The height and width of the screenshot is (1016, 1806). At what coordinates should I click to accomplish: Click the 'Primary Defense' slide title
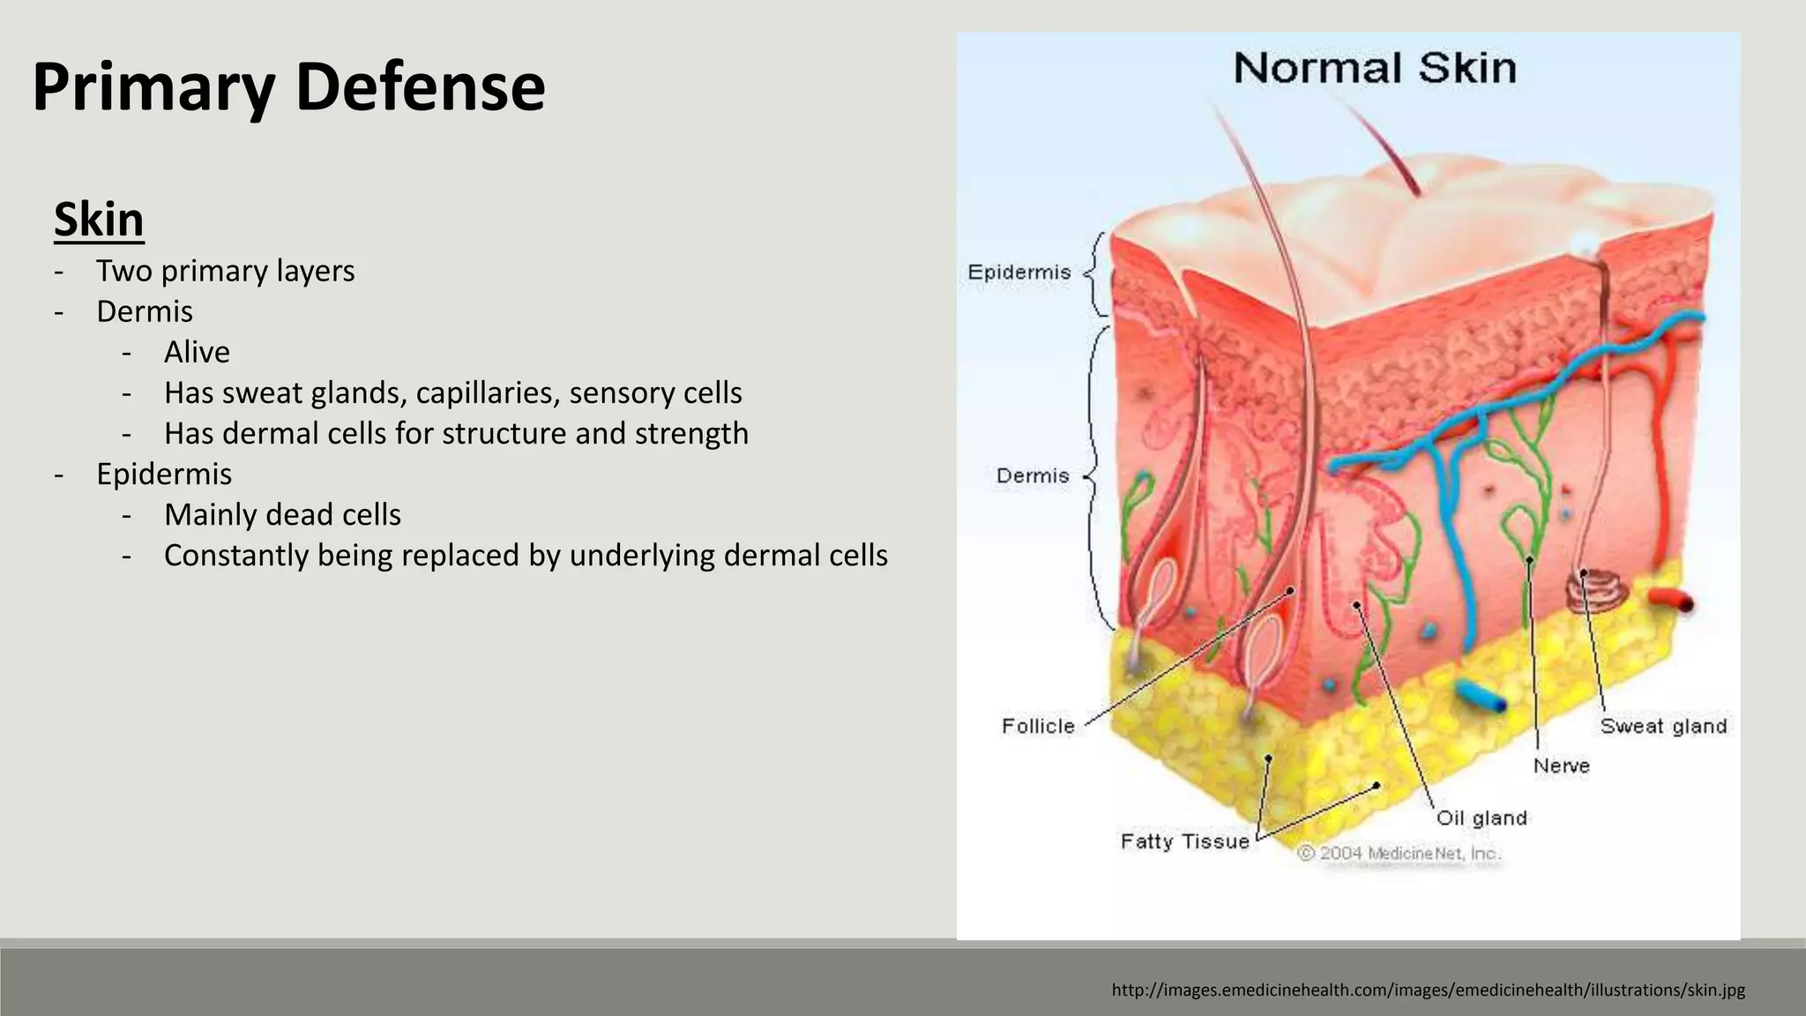pos(288,87)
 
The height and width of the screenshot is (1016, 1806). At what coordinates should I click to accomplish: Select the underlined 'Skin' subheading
pos(99,219)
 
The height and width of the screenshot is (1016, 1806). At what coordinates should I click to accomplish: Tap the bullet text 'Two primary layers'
pos(225,271)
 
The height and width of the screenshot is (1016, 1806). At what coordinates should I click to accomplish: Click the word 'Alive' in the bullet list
pos(197,352)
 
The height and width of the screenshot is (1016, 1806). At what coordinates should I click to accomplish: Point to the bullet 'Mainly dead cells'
pos(282,514)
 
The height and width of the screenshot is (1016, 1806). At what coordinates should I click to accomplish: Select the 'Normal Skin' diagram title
pos(1374,69)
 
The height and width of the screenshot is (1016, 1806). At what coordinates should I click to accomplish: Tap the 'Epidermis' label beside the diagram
pos(1019,273)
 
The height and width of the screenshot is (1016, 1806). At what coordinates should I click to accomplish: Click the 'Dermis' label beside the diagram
pos(1032,476)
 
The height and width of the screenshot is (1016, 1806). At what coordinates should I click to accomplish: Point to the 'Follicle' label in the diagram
pos(1038,726)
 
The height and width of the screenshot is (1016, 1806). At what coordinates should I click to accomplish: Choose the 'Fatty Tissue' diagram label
pos(1184,841)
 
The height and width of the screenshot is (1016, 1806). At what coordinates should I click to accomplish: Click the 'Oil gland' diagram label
pos(1481,818)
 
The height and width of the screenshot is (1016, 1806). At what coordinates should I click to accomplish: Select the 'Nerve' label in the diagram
pos(1561,766)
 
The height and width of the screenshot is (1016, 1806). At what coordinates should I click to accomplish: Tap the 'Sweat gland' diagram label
pos(1663,726)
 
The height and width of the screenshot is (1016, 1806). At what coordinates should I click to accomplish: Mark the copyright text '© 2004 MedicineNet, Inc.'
pos(1399,854)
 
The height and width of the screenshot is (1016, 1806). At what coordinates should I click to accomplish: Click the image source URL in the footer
pos(1428,990)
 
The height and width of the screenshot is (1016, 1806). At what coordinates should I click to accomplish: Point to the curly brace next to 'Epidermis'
pos(1095,273)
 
